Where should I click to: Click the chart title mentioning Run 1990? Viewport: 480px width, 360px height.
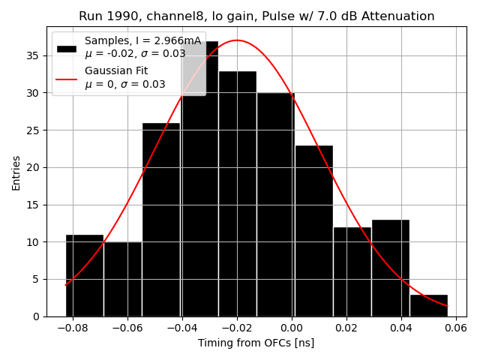(x=256, y=16)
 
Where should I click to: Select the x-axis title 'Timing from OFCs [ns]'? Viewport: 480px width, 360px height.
(x=256, y=343)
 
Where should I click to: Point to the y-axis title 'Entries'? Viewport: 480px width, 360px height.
(x=16, y=172)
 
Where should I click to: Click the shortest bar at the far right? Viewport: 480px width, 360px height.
(x=429, y=305)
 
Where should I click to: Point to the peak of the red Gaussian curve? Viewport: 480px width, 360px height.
(x=237, y=40)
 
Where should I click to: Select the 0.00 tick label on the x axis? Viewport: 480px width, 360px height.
(x=292, y=328)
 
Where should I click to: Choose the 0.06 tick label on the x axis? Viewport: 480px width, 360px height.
(x=456, y=328)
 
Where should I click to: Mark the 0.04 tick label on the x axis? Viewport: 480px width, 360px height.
(x=401, y=328)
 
